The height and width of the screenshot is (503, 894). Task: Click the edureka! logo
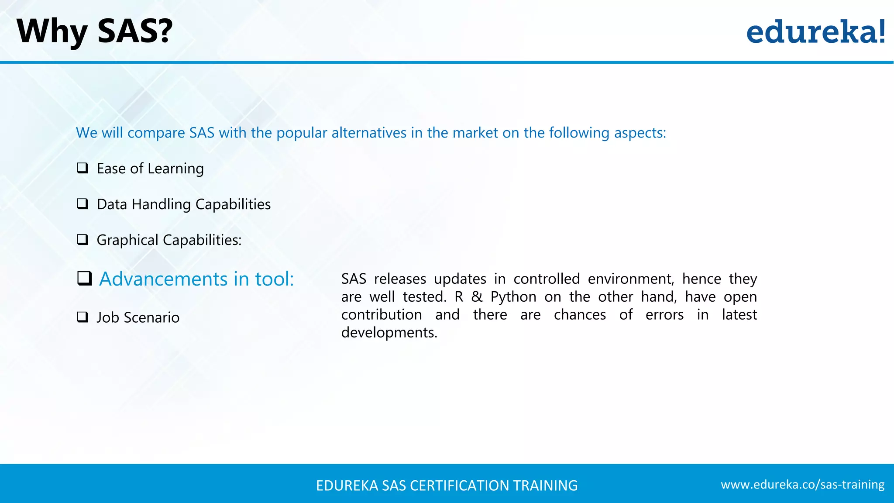pos(815,32)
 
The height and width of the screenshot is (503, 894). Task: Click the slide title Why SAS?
pos(94,31)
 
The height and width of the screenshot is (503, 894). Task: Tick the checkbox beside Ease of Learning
pos(83,168)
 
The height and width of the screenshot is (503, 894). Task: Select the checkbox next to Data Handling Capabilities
pos(83,204)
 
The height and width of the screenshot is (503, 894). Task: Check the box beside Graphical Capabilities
pos(83,240)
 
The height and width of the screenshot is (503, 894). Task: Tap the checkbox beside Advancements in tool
pos(84,279)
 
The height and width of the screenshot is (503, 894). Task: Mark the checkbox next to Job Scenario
pos(83,317)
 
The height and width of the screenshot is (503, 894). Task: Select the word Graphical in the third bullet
pos(127,240)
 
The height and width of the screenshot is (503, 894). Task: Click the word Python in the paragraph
pos(513,297)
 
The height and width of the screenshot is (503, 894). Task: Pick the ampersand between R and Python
pos(477,297)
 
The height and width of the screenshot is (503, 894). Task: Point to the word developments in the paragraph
pos(389,333)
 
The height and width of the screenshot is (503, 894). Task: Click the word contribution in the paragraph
pos(382,315)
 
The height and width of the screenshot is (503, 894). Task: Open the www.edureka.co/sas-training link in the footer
pos(802,485)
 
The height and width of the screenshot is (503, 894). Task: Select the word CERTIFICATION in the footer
pos(460,486)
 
